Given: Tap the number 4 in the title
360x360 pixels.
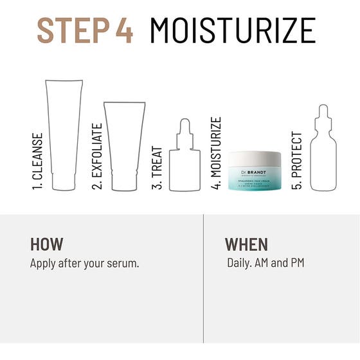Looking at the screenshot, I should tap(123, 30).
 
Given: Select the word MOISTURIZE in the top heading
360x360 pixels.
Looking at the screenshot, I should tap(232, 30).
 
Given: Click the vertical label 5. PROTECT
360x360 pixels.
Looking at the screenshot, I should tap(296, 161).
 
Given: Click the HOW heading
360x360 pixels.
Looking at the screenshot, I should tap(47, 244).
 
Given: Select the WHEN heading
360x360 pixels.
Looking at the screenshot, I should tap(246, 244).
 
